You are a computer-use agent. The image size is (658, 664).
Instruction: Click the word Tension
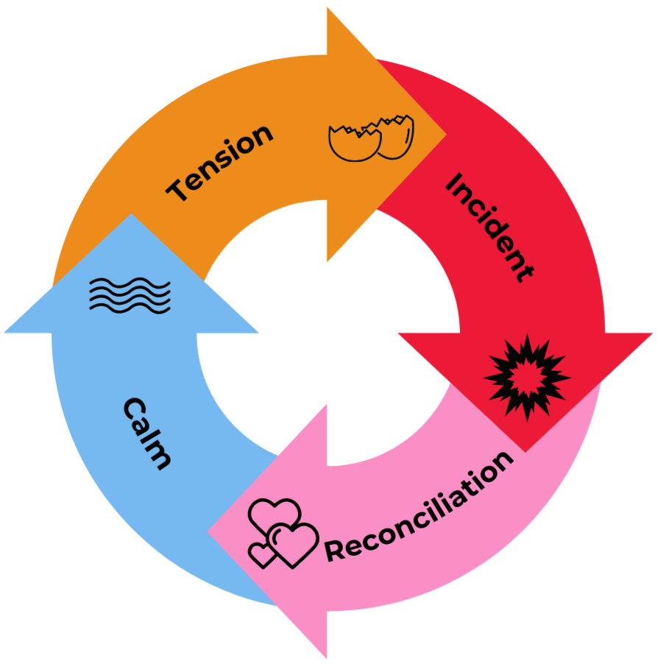(220, 163)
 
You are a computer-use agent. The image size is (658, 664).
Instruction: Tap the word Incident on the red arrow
(488, 227)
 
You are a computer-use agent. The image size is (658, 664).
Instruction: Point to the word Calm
(148, 433)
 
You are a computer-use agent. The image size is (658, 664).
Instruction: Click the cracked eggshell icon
(371, 138)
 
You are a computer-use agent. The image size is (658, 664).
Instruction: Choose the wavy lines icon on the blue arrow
(130, 294)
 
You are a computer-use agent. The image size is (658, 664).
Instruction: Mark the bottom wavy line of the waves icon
(130, 305)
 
